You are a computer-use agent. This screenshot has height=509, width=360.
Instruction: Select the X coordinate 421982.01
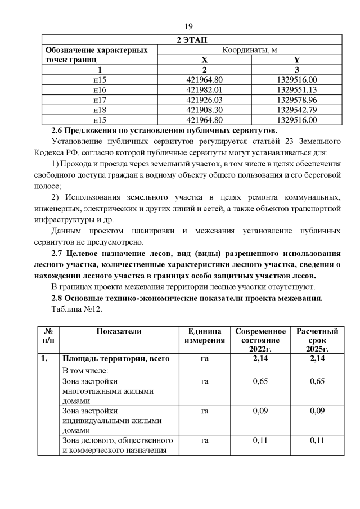(204, 90)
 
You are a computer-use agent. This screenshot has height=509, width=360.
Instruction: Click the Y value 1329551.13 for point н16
(297, 90)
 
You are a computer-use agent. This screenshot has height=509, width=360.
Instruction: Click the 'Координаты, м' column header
(250, 50)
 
